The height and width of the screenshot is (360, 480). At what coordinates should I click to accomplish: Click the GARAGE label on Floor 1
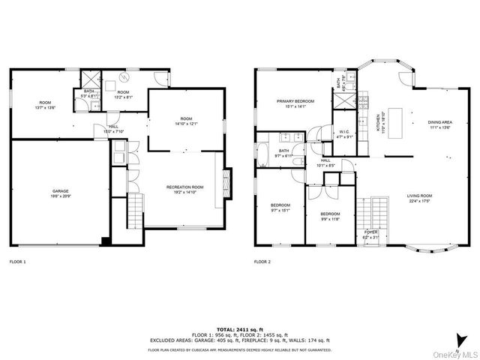pos(60,191)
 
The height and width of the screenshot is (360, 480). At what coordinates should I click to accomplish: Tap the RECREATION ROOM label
pos(184,187)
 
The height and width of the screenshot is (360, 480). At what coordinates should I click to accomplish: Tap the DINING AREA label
pos(439,124)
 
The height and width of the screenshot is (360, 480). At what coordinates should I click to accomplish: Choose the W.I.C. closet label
pos(345,133)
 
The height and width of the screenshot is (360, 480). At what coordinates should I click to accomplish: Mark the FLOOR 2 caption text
pos(262,262)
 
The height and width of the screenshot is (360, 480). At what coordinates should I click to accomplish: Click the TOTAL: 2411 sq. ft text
pos(240,329)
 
